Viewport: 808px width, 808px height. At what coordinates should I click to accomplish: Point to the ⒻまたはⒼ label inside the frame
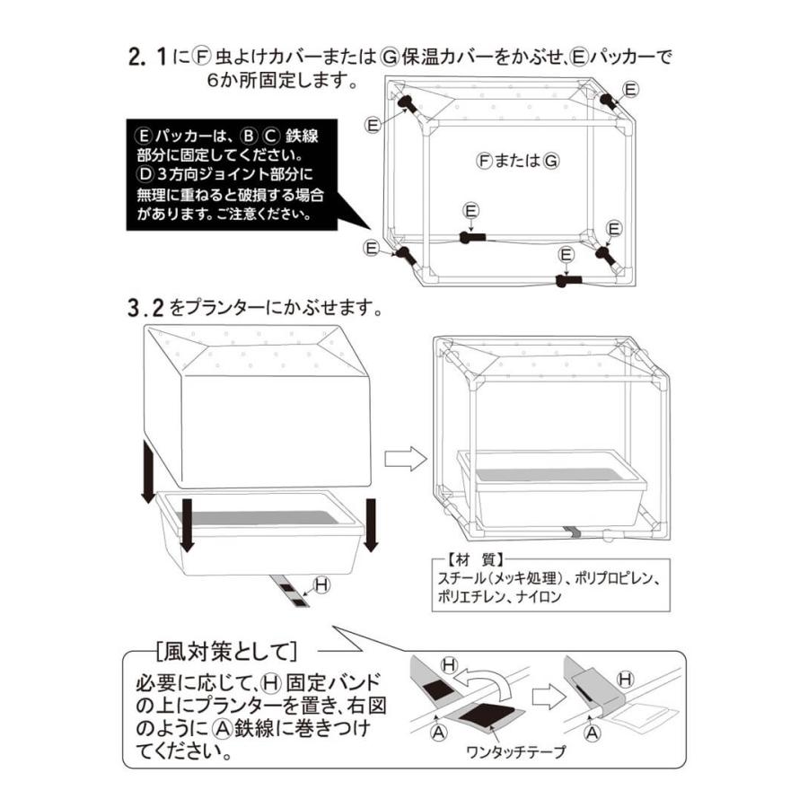point(519,161)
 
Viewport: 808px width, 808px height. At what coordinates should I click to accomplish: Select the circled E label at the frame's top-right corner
point(630,88)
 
